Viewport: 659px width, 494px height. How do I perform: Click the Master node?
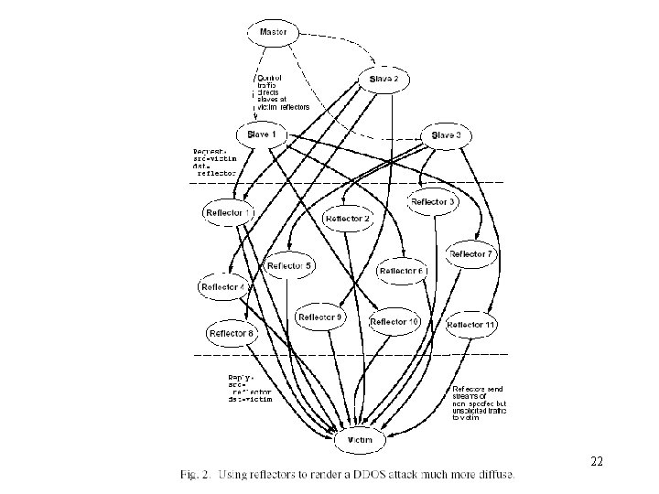click(x=273, y=33)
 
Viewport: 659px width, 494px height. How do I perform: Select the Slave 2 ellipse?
click(x=384, y=80)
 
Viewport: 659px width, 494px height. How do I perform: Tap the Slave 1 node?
click(x=261, y=134)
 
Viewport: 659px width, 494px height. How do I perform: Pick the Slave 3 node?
click(x=446, y=135)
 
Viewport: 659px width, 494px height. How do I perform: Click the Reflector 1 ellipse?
click(x=229, y=213)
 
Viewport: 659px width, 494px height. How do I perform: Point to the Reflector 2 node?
click(x=349, y=219)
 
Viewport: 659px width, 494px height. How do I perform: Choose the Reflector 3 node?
click(x=432, y=202)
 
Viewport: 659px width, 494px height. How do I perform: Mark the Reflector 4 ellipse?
click(x=223, y=287)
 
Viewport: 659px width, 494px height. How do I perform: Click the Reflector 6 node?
click(x=403, y=271)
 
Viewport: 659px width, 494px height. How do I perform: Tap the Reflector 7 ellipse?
click(x=471, y=253)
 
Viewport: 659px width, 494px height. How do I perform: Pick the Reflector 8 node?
click(x=232, y=334)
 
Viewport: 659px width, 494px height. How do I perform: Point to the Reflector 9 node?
click(x=320, y=317)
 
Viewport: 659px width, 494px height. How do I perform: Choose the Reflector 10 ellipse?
click(x=395, y=322)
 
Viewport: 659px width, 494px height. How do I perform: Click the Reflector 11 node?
click(x=472, y=325)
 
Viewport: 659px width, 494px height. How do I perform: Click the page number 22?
click(x=597, y=462)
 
